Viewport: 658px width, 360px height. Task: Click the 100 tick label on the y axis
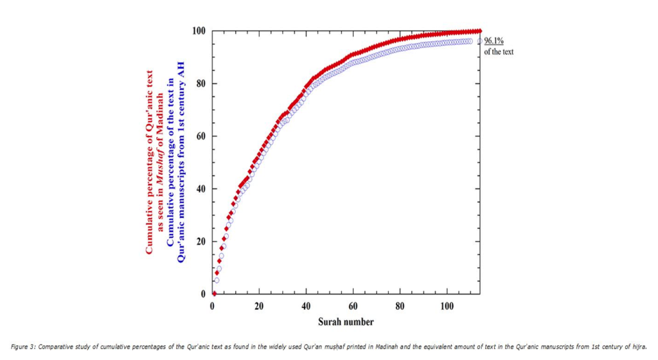(199, 31)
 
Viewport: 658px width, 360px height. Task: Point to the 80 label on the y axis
(200, 84)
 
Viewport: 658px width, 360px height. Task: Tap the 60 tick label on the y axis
(200, 136)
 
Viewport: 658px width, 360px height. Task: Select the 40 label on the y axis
(200, 189)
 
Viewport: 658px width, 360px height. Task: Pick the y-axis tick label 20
(200, 242)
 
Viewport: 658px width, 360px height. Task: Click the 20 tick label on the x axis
(259, 306)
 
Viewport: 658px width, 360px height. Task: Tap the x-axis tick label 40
(306, 306)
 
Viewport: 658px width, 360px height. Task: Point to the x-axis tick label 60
(353, 306)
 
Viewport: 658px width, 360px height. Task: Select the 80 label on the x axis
(400, 306)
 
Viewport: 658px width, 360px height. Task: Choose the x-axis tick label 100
(447, 306)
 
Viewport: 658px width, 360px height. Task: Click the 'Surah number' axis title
(346, 321)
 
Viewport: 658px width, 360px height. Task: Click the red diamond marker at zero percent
(214, 294)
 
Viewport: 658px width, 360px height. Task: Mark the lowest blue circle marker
(217, 280)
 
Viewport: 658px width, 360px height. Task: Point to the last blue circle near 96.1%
(479, 41)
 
